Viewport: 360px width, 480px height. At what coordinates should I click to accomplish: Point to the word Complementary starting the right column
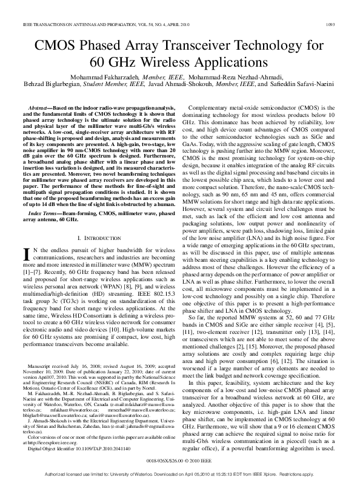click(x=215, y=106)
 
